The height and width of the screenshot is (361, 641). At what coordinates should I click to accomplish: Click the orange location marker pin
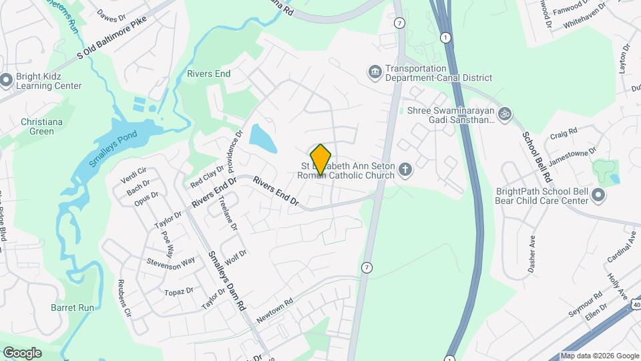coord(321,159)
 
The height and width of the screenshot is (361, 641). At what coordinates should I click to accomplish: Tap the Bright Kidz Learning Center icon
coord(7,80)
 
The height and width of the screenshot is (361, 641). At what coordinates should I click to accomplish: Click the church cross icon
coord(405,170)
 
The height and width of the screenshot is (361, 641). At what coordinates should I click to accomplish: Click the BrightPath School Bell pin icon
coord(598,196)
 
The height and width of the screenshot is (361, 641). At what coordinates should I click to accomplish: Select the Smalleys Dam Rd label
coord(228,280)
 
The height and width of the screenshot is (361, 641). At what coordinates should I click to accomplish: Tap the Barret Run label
coord(72,308)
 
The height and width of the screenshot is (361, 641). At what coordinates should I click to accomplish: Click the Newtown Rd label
coord(275,310)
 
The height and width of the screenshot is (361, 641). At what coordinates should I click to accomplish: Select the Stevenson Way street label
coord(171,261)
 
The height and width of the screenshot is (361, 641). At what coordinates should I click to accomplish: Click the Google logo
coord(22,352)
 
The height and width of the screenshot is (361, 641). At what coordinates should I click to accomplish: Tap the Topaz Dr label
coord(179,291)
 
